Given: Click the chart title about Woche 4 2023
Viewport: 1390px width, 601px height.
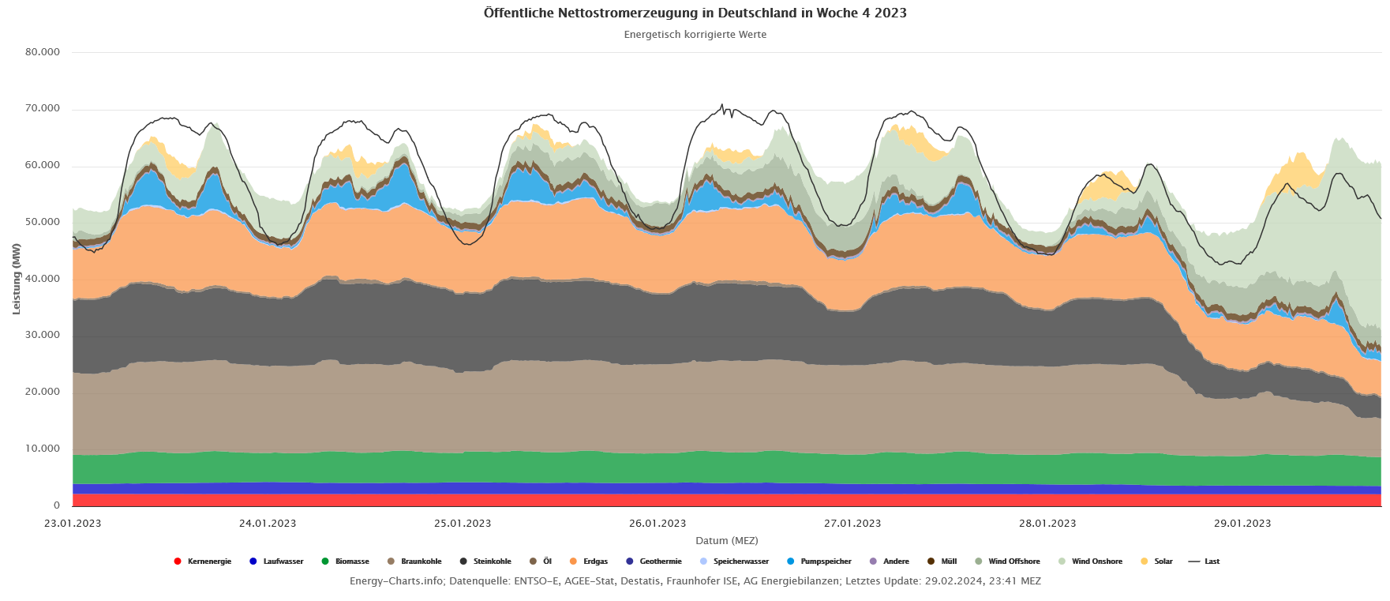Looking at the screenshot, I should pyautogui.click(x=695, y=13).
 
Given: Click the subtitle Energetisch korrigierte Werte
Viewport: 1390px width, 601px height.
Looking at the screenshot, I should pyautogui.click(x=695, y=35).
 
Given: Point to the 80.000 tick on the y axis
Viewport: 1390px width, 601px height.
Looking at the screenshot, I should pyautogui.click(x=43, y=52).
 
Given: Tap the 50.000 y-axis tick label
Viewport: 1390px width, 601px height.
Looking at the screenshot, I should pyautogui.click(x=43, y=222).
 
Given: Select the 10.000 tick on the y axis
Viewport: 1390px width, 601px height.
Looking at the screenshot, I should pyautogui.click(x=43, y=449).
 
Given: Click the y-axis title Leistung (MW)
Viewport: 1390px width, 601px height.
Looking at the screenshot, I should pyautogui.click(x=17, y=279).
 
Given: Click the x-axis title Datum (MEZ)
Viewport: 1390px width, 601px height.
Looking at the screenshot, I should pyautogui.click(x=726, y=541).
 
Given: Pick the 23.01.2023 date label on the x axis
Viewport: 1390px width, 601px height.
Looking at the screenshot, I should pyautogui.click(x=73, y=523).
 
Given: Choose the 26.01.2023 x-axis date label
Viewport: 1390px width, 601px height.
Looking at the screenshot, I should pyautogui.click(x=658, y=523).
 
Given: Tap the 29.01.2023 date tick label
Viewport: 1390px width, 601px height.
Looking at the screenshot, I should pyautogui.click(x=1242, y=523).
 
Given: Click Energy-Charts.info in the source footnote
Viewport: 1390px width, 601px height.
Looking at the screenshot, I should pyautogui.click(x=396, y=581).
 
